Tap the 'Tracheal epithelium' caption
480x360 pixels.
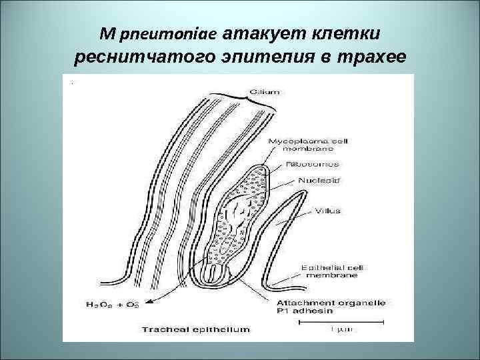196,329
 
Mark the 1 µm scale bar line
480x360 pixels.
330,321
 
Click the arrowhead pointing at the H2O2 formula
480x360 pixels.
148,301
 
